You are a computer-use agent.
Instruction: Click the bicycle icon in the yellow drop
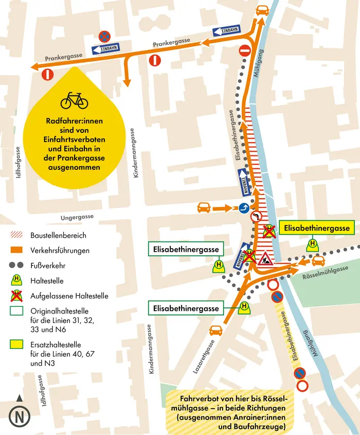[x=74, y=100]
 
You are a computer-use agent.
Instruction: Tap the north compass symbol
[x=19, y=415]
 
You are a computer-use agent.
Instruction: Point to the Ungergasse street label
[x=77, y=218]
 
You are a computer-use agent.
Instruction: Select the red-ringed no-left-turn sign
[x=257, y=217]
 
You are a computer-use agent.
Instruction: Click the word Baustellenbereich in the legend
[x=58, y=235]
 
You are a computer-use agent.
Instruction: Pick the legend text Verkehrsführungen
[x=60, y=251]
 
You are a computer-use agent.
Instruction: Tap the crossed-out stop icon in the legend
[x=16, y=296]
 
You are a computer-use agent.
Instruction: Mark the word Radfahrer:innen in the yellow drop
[x=74, y=121]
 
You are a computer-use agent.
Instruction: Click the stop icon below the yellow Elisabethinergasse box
[x=311, y=245]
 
